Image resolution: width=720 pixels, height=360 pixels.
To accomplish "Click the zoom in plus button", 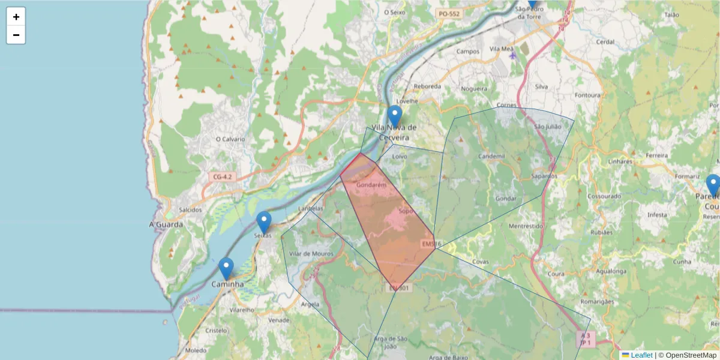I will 16,17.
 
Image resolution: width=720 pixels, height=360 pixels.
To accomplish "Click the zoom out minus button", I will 16,35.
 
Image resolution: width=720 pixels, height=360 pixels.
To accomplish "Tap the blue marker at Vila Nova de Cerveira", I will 394,116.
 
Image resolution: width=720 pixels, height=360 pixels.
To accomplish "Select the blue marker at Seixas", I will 263,222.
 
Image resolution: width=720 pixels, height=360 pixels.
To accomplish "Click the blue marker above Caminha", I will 226,268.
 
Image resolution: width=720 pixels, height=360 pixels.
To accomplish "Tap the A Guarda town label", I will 166,224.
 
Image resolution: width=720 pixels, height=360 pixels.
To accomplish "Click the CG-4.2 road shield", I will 222,177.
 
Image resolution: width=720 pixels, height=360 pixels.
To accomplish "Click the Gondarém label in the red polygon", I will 371,185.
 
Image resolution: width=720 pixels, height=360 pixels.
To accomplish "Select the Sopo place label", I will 406,212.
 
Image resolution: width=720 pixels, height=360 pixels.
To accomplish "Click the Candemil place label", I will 492,156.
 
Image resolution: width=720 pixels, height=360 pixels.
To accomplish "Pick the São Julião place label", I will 547,127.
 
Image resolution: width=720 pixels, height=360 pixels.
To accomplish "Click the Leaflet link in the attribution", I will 641,355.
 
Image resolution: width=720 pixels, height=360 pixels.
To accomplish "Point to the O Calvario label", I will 230,139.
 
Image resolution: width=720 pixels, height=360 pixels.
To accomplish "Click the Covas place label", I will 481,262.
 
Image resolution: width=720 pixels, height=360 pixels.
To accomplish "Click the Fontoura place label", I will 587,95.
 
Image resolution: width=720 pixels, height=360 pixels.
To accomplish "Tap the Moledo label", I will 196,350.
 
